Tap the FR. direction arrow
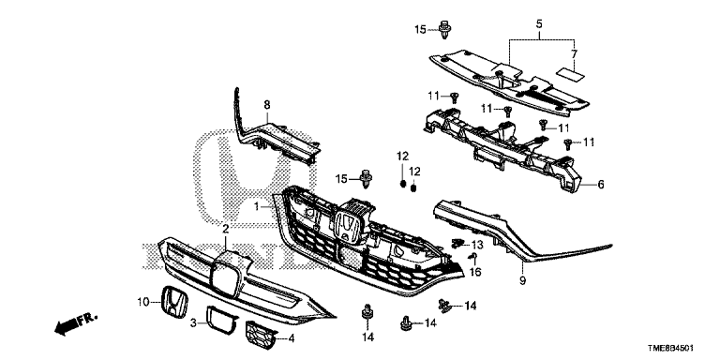[76, 323]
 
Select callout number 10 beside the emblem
[143, 302]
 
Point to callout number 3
[194, 323]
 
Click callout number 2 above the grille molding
[225, 229]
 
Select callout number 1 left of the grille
[257, 206]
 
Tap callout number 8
[267, 105]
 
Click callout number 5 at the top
[539, 23]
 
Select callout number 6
[601, 185]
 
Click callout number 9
[522, 280]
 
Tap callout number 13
[477, 246]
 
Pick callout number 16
[475, 272]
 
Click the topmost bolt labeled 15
[444, 29]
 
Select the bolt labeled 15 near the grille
[367, 179]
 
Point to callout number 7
[574, 53]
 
